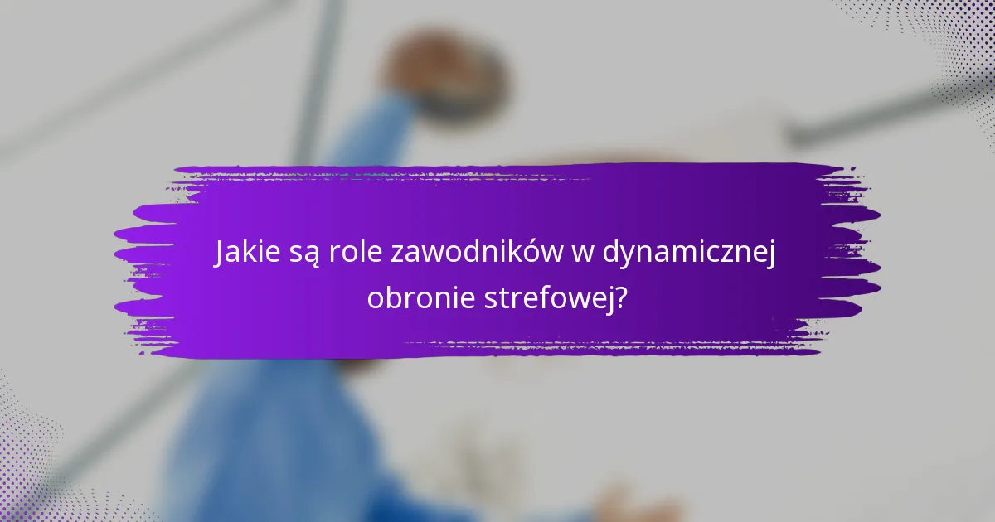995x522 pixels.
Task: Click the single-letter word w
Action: pyautogui.click(x=578, y=254)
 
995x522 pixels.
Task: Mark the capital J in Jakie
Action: pyautogui.click(x=221, y=254)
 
